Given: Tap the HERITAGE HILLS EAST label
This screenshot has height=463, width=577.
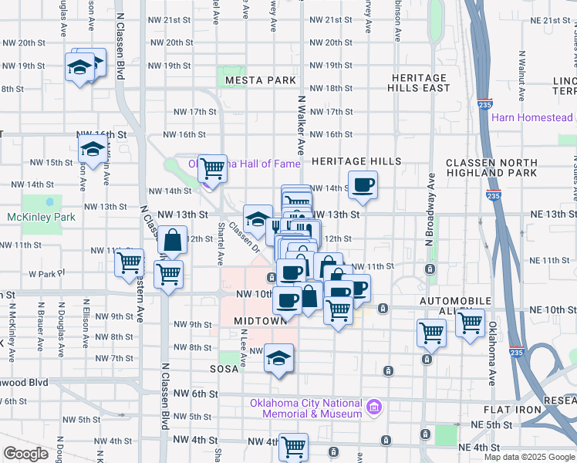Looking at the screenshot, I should pyautogui.click(x=420, y=83).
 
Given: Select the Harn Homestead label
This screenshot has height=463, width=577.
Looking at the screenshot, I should pyautogui.click(x=532, y=118).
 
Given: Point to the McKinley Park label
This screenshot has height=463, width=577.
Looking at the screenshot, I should pyautogui.click(x=41, y=217).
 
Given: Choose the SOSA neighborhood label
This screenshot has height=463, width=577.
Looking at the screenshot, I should pyautogui.click(x=224, y=370).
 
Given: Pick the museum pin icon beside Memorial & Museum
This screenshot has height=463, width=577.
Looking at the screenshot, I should pyautogui.click(x=375, y=406).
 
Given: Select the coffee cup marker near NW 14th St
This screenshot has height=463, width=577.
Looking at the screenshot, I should pyautogui.click(x=363, y=185).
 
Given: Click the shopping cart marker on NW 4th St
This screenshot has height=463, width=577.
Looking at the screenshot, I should pyautogui.click(x=293, y=446).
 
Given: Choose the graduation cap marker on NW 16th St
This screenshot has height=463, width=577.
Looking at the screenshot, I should pyautogui.click(x=93, y=150).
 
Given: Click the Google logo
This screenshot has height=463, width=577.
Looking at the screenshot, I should pyautogui.click(x=26, y=454).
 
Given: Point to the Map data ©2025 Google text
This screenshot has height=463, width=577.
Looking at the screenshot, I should pyautogui.click(x=528, y=457).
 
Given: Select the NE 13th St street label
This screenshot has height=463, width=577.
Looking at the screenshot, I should pyautogui.click(x=549, y=215).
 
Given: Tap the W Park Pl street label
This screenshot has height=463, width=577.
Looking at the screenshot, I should pyautogui.click(x=44, y=274).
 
